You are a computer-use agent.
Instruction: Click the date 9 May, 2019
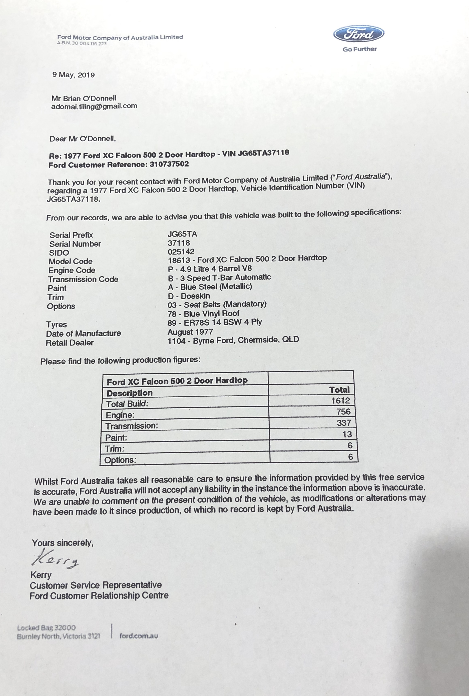74,75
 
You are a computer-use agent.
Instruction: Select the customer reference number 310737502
169,164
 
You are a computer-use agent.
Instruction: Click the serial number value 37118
179,243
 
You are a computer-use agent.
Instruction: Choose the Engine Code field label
72,270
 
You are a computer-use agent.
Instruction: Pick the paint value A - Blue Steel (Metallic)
210,287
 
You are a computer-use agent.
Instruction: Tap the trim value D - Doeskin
189,296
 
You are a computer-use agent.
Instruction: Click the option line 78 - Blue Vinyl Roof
203,314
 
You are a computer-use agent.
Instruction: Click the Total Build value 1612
340,401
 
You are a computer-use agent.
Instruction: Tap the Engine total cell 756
343,412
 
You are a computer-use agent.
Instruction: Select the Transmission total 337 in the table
344,423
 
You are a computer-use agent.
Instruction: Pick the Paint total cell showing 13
347,434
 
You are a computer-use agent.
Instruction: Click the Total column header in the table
339,390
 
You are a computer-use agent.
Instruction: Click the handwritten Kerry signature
55,558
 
